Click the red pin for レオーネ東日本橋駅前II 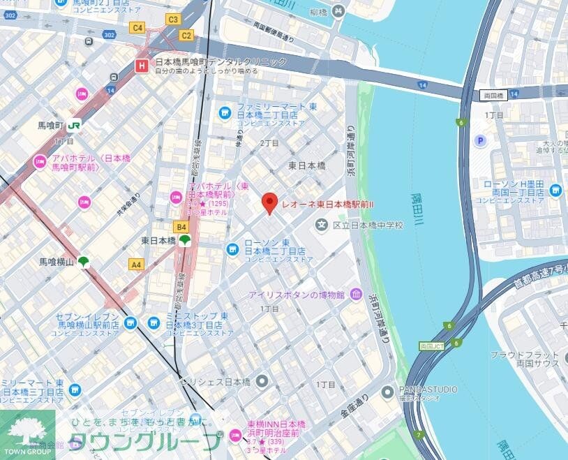pos(269,204)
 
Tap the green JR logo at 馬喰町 pos(74,126)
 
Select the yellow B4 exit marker pos(181,227)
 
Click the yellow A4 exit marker pos(136,265)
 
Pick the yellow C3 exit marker pos(173,20)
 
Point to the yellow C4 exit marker pos(137,28)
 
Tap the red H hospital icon pos(142,66)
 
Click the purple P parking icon pos(480,142)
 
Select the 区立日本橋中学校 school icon pos(321,225)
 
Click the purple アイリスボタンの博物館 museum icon pos(357,293)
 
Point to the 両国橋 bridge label pos(493,94)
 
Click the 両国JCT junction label pos(433,346)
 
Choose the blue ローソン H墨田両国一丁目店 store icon pos(555,189)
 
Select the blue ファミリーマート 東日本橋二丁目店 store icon pos(225,112)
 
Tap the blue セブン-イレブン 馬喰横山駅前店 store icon pos(130,322)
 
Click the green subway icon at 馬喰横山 pos(83,262)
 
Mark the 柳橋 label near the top pos(319,12)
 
